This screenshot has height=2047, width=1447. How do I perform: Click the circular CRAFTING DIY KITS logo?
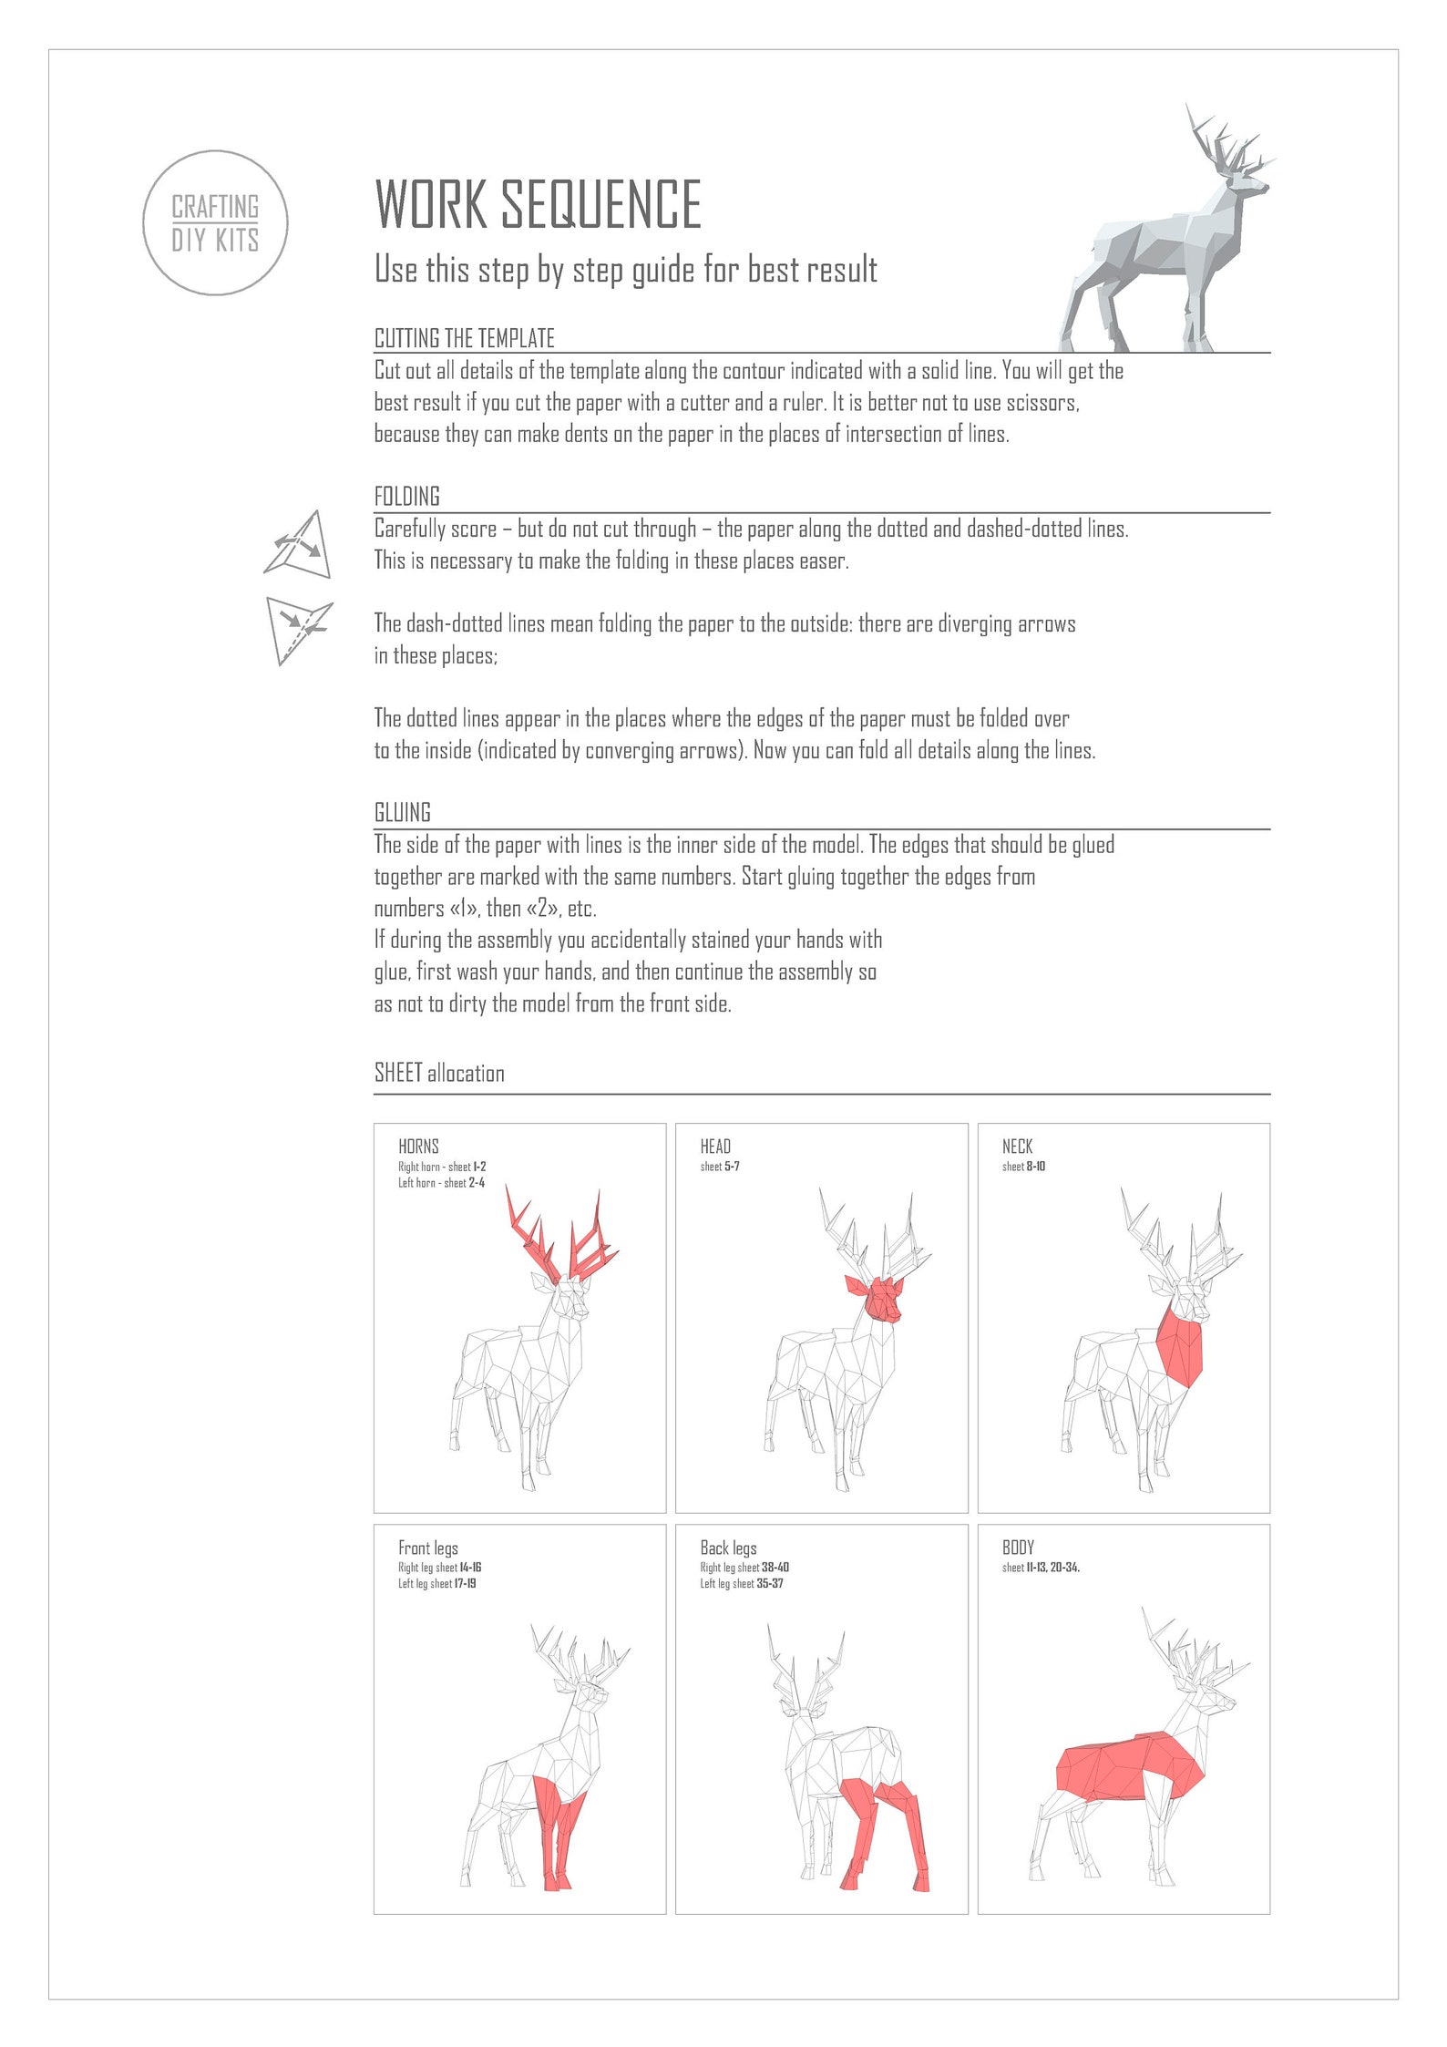point(215,223)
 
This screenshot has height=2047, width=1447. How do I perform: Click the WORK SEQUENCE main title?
point(538,204)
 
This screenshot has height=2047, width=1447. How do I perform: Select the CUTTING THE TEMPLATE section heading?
point(464,338)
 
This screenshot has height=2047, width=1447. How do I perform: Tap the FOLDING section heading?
point(406,497)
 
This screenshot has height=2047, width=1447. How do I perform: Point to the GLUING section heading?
point(402,812)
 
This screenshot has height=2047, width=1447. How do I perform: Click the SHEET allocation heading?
point(439,1073)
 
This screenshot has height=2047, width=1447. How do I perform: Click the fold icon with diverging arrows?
point(299,545)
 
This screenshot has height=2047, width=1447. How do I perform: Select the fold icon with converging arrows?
point(298,629)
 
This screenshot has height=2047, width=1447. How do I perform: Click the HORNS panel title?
point(418,1147)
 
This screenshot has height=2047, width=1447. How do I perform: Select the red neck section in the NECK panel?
point(1181,1346)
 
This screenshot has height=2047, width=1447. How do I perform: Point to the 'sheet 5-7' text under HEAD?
point(719,1167)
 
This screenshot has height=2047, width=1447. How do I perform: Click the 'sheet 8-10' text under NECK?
point(1023,1167)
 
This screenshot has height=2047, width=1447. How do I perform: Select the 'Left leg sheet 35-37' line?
point(741,1583)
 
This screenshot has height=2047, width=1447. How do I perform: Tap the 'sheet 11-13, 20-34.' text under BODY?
point(1041,1568)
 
